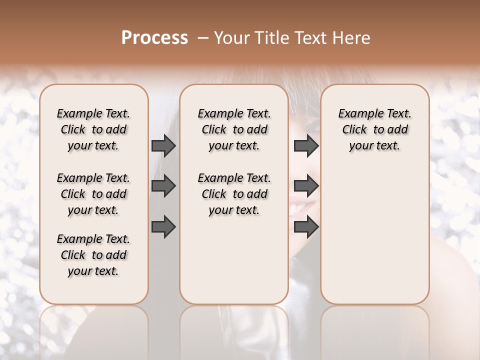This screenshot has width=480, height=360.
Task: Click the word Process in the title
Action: click(154, 37)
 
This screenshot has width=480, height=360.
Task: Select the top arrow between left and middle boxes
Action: click(163, 145)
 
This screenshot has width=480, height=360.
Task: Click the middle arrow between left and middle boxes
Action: click(163, 186)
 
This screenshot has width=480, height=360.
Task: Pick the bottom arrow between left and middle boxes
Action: click(163, 226)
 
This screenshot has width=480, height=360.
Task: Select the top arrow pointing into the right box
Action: click(306, 145)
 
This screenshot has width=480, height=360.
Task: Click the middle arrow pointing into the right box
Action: click(306, 186)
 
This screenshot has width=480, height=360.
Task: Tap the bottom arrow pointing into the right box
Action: click(306, 226)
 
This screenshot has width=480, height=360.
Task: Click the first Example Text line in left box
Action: click(93, 113)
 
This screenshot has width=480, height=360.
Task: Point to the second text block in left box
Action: click(93, 194)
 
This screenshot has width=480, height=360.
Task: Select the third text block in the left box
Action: click(93, 255)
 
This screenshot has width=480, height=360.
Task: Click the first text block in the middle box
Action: click(234, 129)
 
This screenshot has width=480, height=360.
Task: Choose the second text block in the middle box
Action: click(234, 194)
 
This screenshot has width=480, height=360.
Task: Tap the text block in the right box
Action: click(374, 129)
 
